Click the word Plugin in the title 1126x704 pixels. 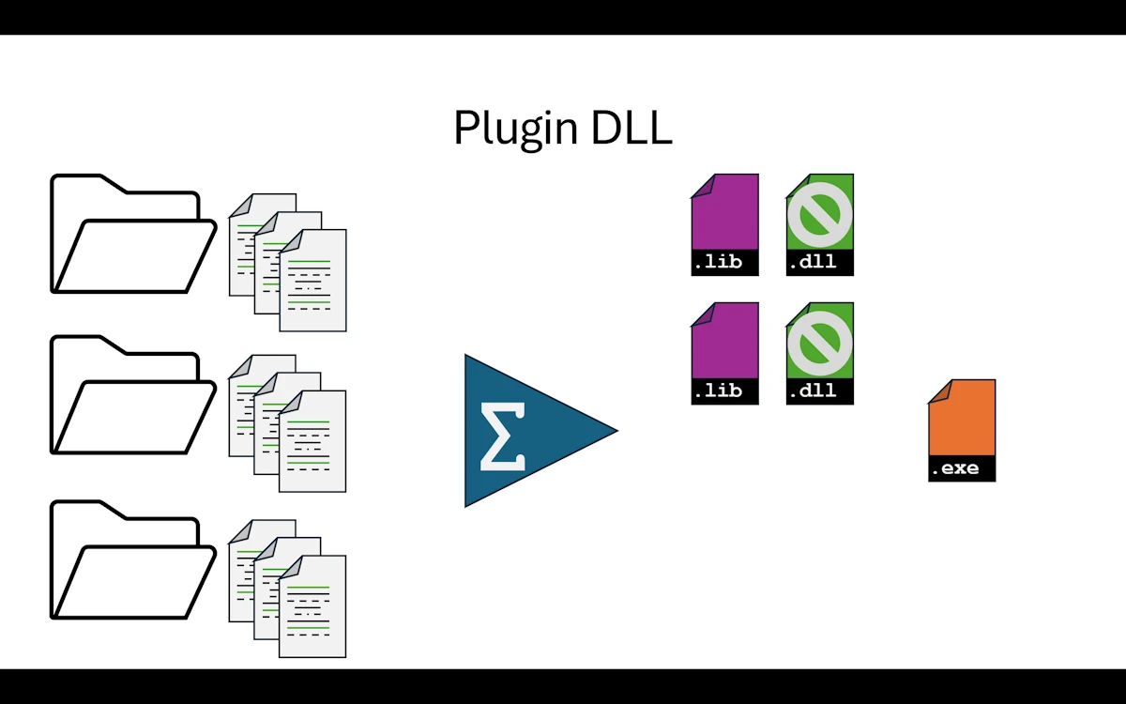[516, 130]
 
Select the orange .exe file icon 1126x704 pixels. [962, 422]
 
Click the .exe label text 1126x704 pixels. [955, 468]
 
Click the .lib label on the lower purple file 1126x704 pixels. [718, 390]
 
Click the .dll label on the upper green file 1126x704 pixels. [813, 262]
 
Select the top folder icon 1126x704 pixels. [131, 235]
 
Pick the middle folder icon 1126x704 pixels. [131, 396]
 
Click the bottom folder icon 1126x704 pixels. [131, 560]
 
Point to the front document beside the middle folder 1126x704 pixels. [312, 441]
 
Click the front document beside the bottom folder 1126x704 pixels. [312, 605]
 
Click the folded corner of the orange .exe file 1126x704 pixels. [939, 390]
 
